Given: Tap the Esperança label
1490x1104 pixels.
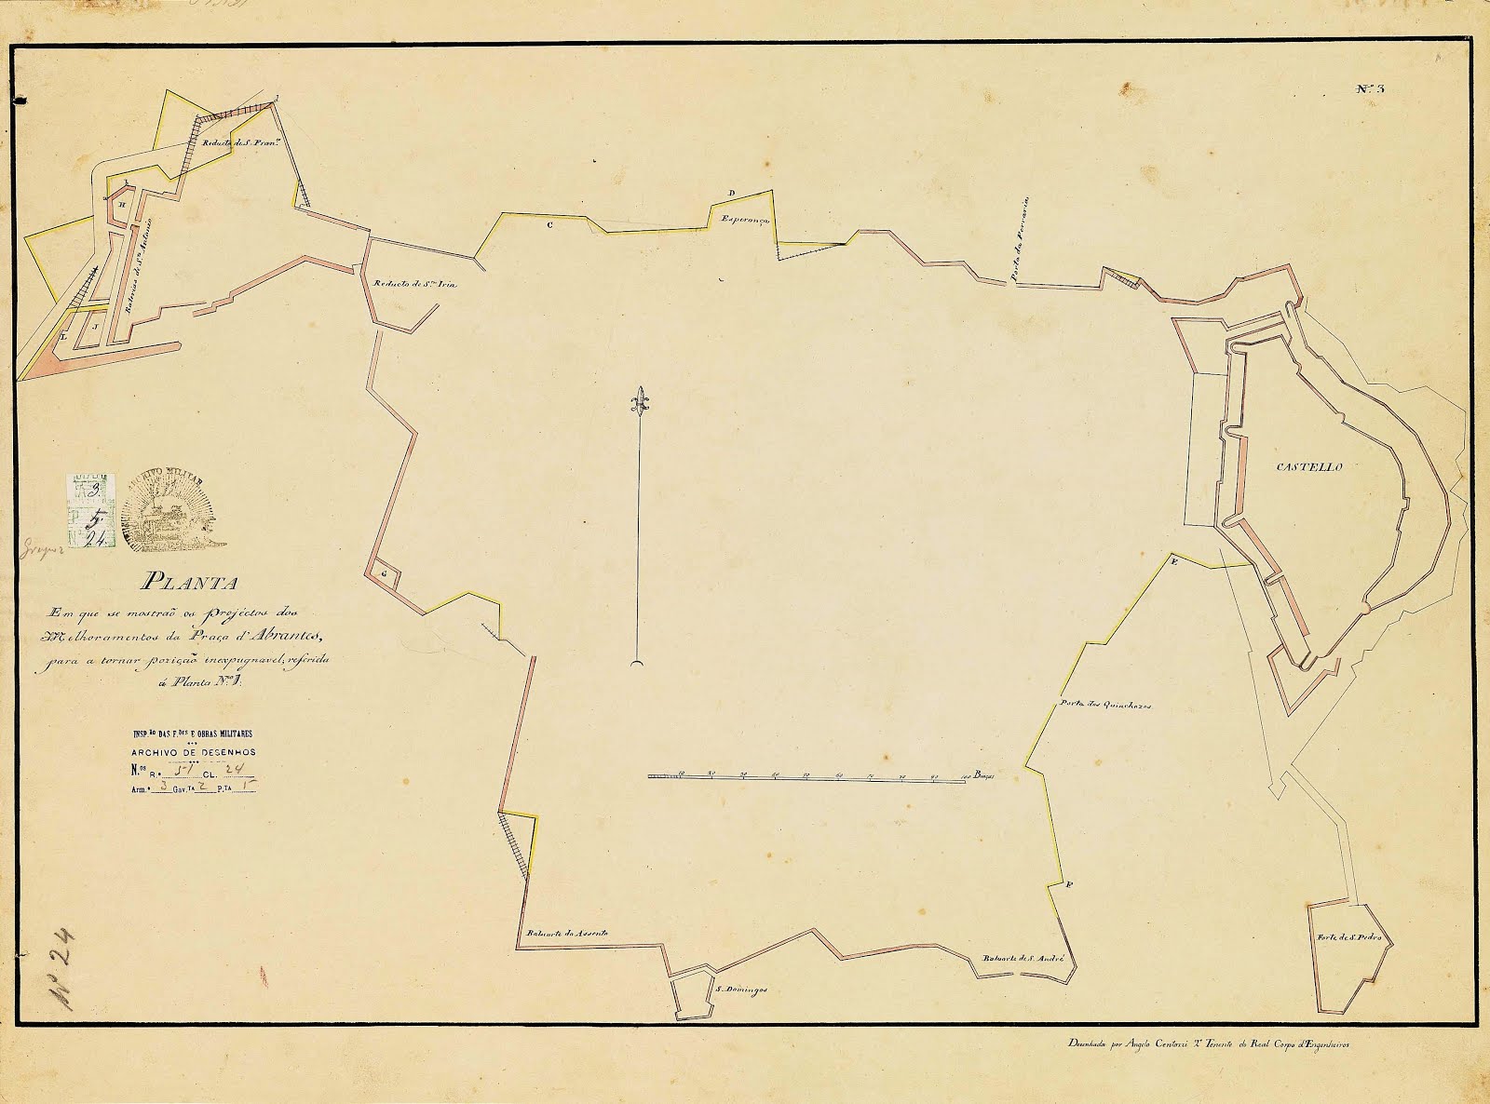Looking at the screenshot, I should pos(743,217).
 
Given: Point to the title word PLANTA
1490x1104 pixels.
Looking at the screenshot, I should pos(189,585).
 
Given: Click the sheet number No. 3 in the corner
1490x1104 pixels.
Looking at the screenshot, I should pos(1371,89).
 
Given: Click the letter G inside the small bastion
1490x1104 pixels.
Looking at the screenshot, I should pos(383,574).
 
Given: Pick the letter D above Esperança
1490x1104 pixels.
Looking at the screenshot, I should pos(732,193).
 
